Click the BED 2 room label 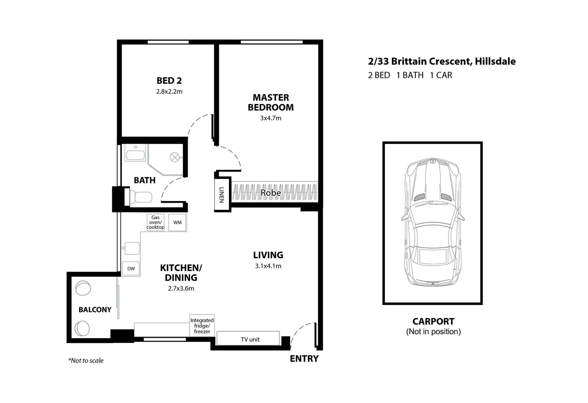[169, 81]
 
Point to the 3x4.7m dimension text [271, 118]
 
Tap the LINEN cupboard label [222, 194]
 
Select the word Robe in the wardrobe [271, 193]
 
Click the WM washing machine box [177, 222]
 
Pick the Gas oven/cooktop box [155, 222]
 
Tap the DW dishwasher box [131, 269]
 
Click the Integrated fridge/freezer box [202, 325]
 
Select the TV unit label [250, 340]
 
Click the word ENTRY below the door [304, 359]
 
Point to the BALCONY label [95, 310]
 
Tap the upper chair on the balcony [83, 288]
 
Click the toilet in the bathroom [140, 197]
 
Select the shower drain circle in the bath [175, 157]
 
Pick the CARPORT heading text [433, 321]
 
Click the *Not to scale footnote [85, 360]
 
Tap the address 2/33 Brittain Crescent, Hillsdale [442, 62]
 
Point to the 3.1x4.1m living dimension [268, 266]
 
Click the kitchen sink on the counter [132, 248]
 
